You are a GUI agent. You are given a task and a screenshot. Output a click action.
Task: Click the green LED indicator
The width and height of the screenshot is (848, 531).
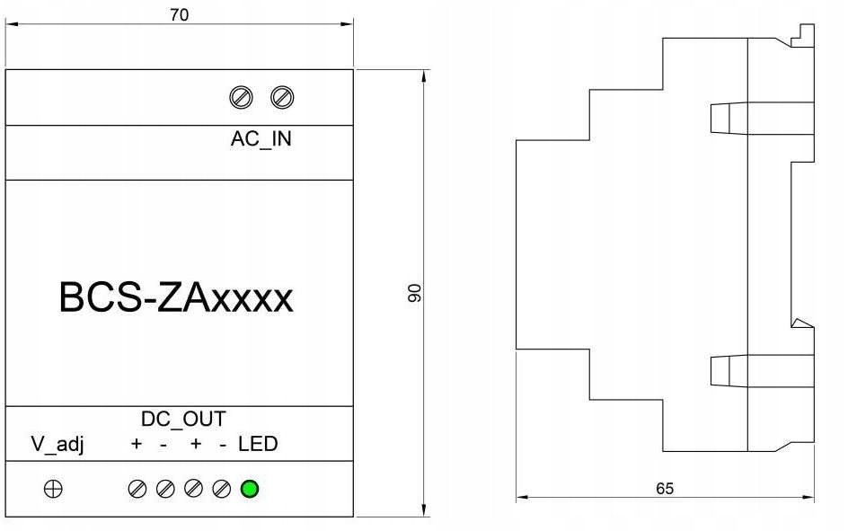(x=250, y=489)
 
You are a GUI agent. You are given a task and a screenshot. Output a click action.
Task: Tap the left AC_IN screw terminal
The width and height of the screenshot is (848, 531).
(x=241, y=97)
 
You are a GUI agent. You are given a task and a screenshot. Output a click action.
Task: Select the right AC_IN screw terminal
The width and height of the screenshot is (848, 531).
(x=283, y=97)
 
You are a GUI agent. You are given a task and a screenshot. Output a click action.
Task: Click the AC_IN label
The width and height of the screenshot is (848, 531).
(x=261, y=140)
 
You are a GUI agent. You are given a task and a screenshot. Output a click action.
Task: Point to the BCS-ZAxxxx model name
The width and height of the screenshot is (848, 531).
(x=176, y=298)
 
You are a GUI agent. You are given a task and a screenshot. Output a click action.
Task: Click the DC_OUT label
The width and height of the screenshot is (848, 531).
(x=183, y=419)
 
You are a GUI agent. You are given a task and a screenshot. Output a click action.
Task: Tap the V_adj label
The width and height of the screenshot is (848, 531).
(x=57, y=444)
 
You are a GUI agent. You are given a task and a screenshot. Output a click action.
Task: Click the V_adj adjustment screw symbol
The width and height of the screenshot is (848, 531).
(x=54, y=489)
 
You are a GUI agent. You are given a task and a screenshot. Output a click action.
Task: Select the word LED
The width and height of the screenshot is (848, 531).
(x=258, y=444)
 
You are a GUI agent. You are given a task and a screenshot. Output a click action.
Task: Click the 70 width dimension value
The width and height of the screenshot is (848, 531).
(x=179, y=15)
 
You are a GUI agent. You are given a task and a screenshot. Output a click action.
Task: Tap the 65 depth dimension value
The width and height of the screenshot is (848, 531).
(x=664, y=489)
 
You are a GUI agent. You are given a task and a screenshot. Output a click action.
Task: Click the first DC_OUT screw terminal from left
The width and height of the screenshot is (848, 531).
(x=137, y=489)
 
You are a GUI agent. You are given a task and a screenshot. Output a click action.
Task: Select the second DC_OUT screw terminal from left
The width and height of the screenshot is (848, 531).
(x=165, y=489)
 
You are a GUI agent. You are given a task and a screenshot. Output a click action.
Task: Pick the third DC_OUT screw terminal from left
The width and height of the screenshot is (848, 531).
(x=193, y=489)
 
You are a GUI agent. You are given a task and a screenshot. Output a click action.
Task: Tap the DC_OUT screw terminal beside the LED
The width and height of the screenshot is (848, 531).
(x=222, y=489)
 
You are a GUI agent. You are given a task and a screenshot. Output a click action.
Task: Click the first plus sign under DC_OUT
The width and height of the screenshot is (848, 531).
(x=137, y=444)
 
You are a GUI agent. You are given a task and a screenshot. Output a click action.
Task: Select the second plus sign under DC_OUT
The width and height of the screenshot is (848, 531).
(x=195, y=444)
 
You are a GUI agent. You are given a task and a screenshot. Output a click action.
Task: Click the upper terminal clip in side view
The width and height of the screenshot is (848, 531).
(x=728, y=118)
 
